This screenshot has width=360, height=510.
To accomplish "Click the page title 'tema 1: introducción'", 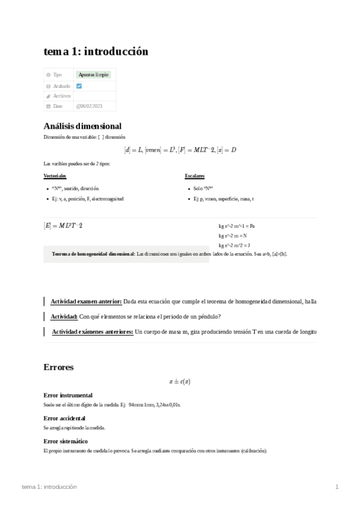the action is (96, 52).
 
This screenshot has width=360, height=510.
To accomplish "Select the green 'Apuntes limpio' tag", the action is (93, 75).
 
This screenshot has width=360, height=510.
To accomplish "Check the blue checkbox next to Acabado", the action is (79, 86).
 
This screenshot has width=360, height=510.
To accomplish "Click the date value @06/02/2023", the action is (89, 106).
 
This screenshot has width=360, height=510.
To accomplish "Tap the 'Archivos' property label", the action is (62, 96).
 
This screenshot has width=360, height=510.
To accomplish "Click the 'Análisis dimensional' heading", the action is (82, 126).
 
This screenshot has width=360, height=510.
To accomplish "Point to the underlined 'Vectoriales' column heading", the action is (55, 176).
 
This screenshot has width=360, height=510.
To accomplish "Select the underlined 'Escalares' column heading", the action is (195, 176).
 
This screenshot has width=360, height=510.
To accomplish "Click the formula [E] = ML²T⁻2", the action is (63, 226).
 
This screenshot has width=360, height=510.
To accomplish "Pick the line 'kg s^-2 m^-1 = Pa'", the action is (237, 226).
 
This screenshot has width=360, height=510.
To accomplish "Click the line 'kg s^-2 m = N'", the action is (234, 236).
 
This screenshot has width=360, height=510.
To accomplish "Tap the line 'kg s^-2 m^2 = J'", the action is (234, 245).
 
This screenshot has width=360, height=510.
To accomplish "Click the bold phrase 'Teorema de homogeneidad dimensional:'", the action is (93, 254).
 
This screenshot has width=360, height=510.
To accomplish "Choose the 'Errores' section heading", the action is (59, 367).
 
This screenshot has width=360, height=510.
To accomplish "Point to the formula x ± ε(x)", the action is (180, 381).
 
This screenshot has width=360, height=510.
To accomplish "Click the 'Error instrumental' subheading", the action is (68, 395).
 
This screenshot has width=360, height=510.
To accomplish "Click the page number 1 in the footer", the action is (337, 487).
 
